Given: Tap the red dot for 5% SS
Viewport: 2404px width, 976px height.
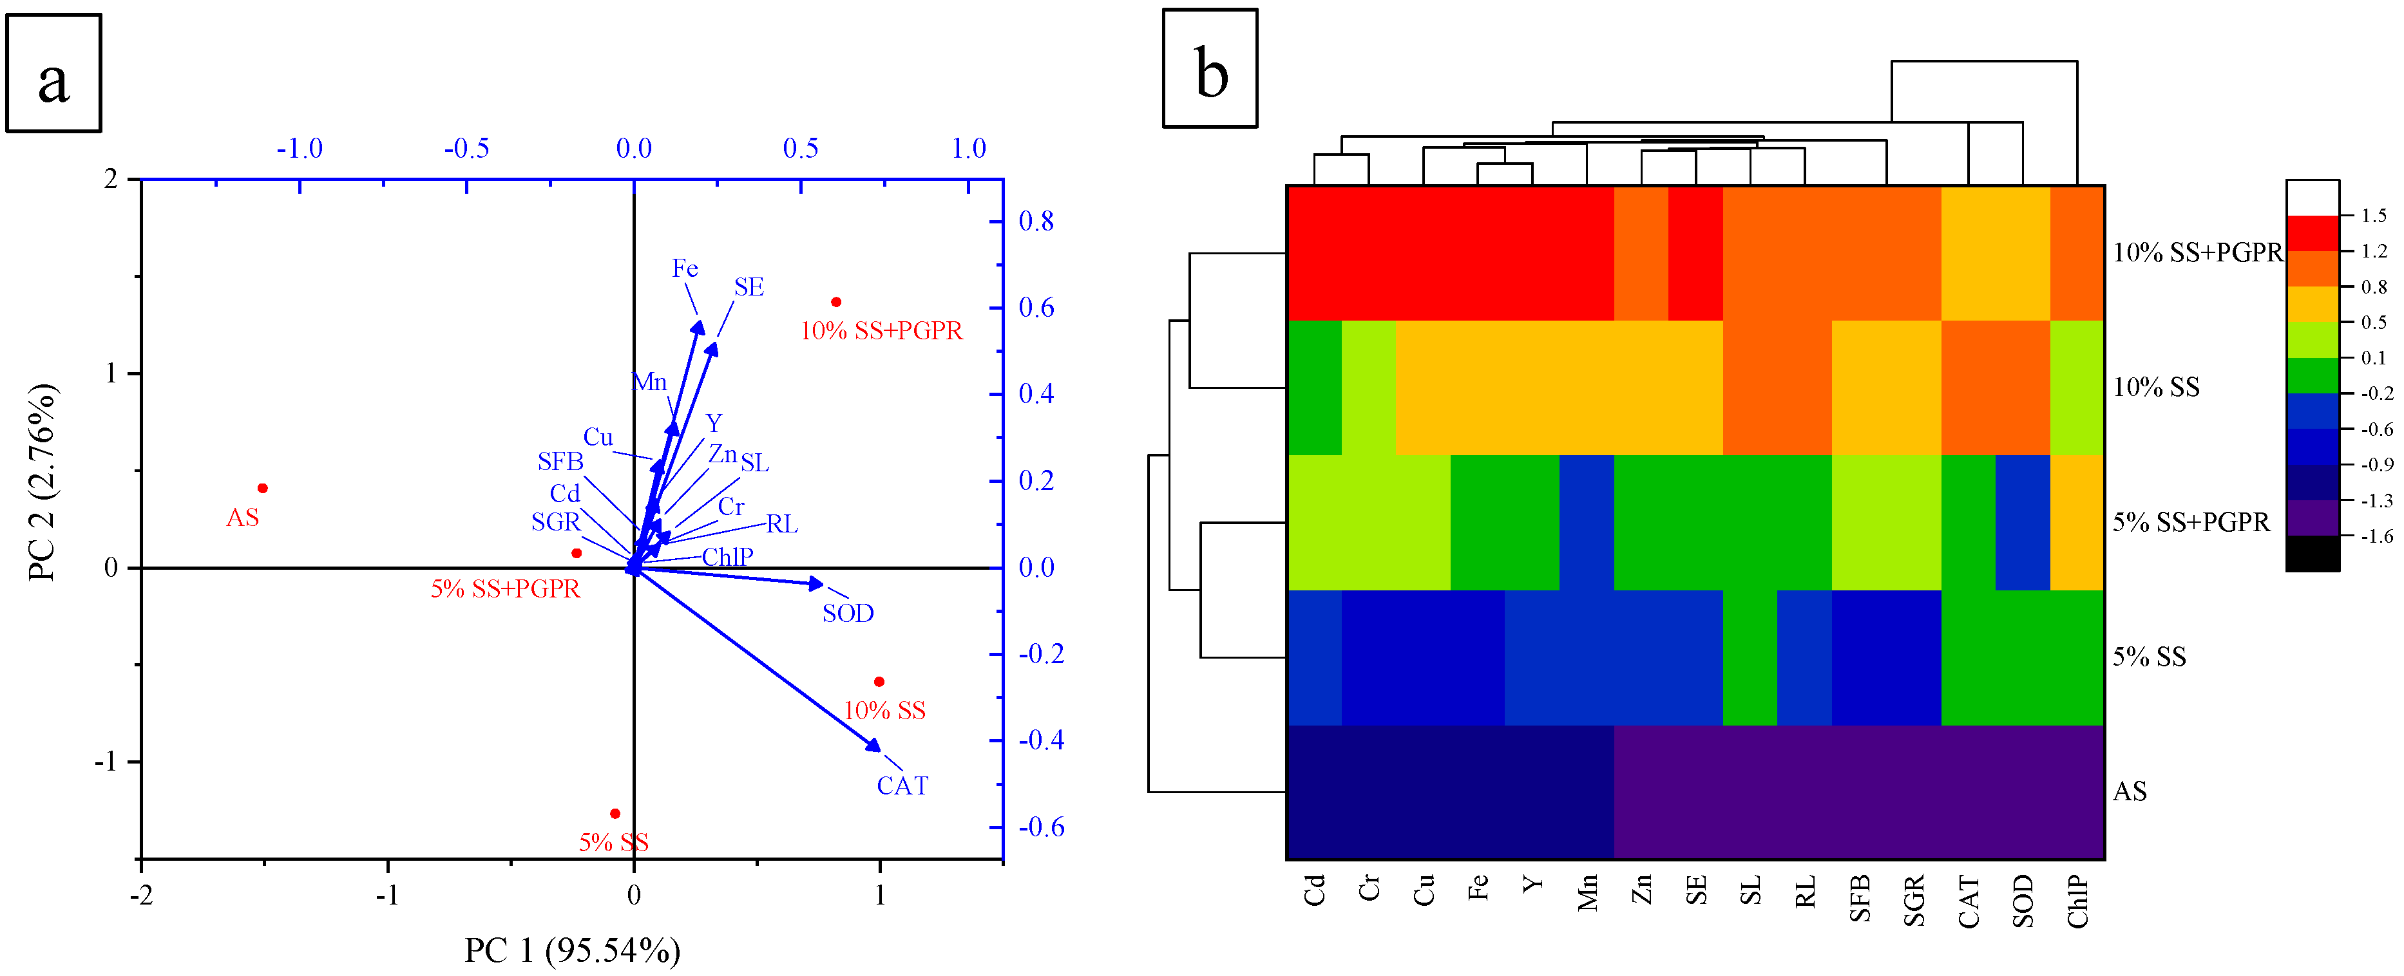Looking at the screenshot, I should pyautogui.click(x=615, y=814).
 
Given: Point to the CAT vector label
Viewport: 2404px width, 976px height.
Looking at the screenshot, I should pyautogui.click(x=902, y=785).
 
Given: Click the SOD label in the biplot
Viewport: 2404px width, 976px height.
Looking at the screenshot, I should pyautogui.click(x=847, y=613).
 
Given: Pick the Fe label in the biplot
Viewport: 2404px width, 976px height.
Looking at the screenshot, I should pyautogui.click(x=685, y=268).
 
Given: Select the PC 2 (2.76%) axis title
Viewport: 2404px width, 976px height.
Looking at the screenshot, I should pyautogui.click(x=42, y=482).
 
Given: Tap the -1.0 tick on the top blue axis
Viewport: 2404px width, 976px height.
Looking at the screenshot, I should pyautogui.click(x=300, y=148).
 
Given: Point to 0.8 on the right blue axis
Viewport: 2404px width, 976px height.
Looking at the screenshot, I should pyautogui.click(x=1036, y=221).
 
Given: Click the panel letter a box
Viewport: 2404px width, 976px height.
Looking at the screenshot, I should pyautogui.click(x=54, y=73).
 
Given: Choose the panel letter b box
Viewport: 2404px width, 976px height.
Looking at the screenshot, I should pyautogui.click(x=1210, y=69).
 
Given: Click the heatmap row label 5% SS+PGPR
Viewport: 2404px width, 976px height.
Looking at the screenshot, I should pyautogui.click(x=2190, y=523).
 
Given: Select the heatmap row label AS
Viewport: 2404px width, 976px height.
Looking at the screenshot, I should pyautogui.click(x=2130, y=791).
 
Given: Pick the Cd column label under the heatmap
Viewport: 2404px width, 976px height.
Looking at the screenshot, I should pyautogui.click(x=1314, y=890).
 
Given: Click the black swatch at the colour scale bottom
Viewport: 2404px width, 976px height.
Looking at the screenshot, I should pyautogui.click(x=2312, y=553).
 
